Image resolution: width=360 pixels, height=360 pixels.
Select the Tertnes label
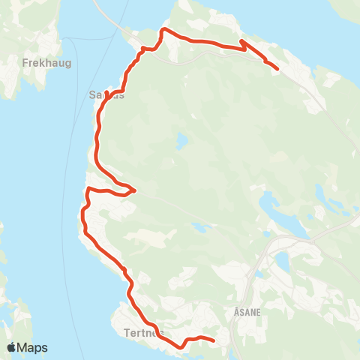(136, 331)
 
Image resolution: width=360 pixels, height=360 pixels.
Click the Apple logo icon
(11, 348)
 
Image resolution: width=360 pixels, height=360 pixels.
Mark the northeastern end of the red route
(277, 69)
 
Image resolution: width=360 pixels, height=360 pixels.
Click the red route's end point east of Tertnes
(214, 341)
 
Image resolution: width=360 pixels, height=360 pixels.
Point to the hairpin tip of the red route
(134, 190)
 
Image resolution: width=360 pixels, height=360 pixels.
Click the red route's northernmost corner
(164, 30)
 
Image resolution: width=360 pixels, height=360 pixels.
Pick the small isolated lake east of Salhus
(181, 140)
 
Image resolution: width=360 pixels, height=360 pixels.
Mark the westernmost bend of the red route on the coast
(81, 217)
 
